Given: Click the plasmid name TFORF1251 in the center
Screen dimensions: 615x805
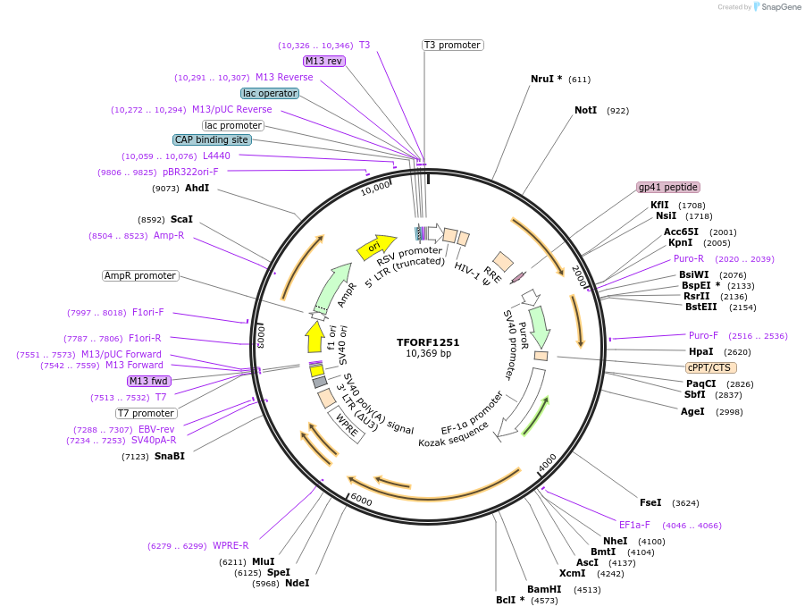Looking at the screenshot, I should (428, 342).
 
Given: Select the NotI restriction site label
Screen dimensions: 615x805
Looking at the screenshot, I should (585, 110).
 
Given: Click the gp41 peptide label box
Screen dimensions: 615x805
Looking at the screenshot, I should (667, 188).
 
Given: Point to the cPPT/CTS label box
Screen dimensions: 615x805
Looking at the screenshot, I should (710, 367).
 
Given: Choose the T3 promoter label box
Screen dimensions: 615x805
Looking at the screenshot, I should (452, 45).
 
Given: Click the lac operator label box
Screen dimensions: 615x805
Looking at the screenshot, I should (270, 93).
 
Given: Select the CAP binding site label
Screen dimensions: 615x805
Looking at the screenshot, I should (212, 139).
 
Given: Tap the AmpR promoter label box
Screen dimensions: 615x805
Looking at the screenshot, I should (140, 275).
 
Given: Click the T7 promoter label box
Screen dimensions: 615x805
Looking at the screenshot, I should (147, 413).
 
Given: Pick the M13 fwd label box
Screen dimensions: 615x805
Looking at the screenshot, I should (149, 382).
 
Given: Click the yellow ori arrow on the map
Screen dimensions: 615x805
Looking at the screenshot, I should (375, 247).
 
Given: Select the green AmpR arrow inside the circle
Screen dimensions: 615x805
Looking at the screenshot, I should (330, 286).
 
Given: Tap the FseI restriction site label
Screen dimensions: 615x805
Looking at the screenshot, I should (650, 502).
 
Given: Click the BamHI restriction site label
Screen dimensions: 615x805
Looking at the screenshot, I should (544, 589).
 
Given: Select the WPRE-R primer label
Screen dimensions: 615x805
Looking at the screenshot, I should (231, 545).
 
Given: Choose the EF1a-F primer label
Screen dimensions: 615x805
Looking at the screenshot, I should (634, 525).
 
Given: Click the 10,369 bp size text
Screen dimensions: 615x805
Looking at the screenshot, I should (428, 354).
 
